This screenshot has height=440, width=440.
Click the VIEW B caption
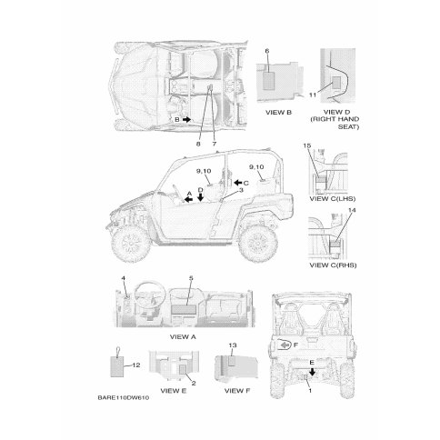tap(278, 113)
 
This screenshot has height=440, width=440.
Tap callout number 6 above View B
tap(267, 51)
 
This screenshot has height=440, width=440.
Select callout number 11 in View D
tap(313, 95)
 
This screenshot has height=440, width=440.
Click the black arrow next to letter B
tap(186, 119)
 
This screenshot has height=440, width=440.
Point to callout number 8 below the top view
tap(198, 144)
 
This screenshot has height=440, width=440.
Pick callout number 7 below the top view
tap(215, 144)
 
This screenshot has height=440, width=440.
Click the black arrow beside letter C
tap(238, 183)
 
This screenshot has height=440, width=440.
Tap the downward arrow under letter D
tap(200, 197)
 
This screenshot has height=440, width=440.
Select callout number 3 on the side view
tap(241, 190)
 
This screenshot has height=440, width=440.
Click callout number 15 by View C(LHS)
tap(307, 146)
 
